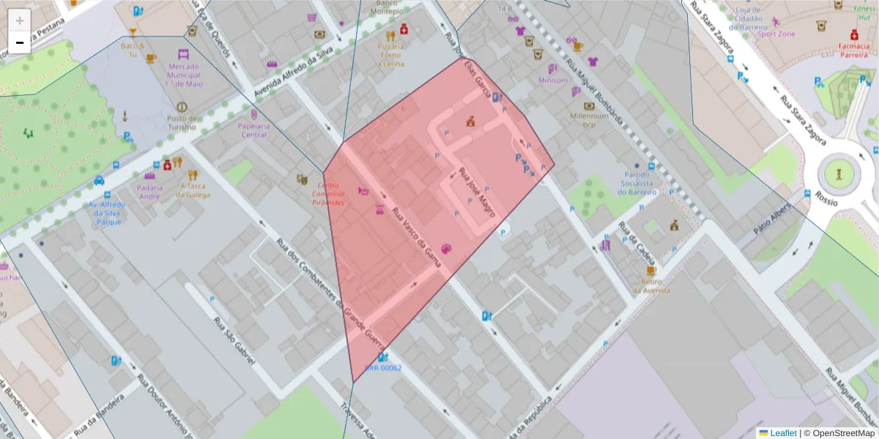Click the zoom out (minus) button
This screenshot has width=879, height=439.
point(20,42)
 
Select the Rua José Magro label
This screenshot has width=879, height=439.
point(477,193)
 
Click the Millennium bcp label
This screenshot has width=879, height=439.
point(590,120)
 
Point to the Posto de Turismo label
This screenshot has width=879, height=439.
point(182,122)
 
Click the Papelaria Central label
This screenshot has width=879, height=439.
point(253,130)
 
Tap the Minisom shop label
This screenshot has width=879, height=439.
point(553,80)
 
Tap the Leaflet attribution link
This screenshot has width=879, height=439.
point(783,432)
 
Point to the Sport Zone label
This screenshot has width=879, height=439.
point(776,34)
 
